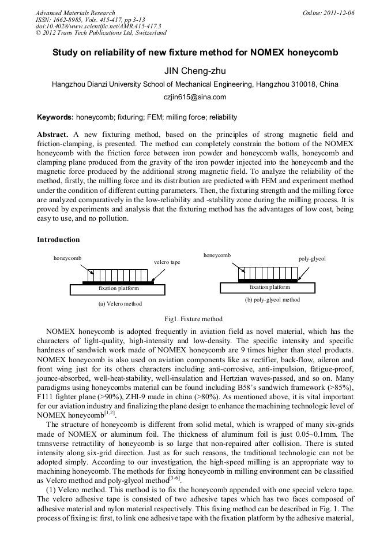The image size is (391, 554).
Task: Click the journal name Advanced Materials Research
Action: (75, 13)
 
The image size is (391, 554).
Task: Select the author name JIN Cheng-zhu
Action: (195, 71)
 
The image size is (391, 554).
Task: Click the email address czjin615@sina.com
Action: (195, 97)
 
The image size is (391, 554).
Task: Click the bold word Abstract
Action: (52, 134)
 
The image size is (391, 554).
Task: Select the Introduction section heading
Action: (58, 239)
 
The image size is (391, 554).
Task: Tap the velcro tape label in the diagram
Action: (167, 262)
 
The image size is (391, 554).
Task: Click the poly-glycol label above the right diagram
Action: (312, 259)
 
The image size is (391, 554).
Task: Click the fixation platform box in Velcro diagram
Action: (115, 288)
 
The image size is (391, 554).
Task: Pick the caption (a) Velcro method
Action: (120, 303)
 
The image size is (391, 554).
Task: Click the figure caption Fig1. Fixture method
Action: (193, 319)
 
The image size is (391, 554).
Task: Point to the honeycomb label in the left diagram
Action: (67, 258)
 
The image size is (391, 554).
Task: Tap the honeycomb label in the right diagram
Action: (217, 255)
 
